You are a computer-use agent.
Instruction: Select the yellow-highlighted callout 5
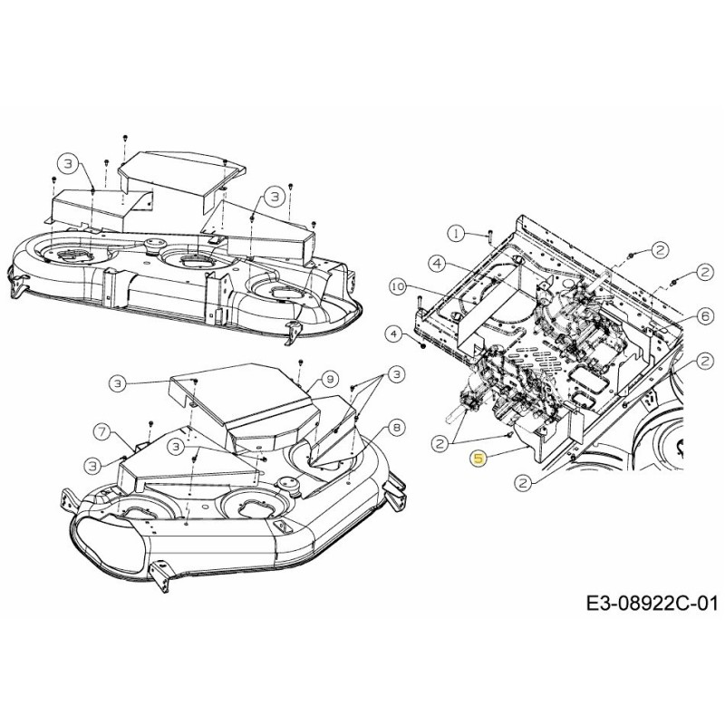(478, 459)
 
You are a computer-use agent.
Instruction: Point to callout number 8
(396, 427)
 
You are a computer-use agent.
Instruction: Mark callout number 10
(395, 286)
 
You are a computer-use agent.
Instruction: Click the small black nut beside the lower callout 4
(423, 345)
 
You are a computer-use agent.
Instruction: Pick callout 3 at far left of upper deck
(67, 163)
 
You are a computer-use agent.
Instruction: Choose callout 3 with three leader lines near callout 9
(394, 374)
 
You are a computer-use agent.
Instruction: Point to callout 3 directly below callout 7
(94, 464)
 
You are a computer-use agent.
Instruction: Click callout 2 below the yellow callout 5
(522, 484)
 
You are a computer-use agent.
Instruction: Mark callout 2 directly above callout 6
(703, 271)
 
